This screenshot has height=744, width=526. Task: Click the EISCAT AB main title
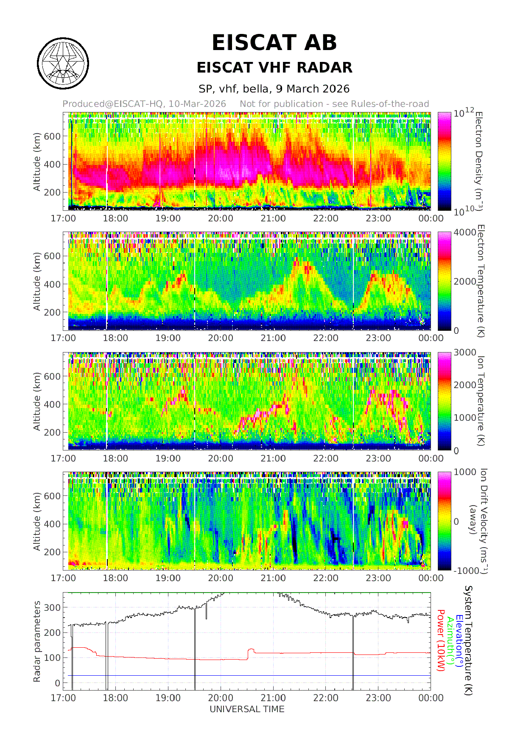pos(274,43)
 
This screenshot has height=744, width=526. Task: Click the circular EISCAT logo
pos(63,64)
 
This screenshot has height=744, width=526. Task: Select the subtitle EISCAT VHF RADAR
pos(274,67)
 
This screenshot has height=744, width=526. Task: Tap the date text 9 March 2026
pos(313,89)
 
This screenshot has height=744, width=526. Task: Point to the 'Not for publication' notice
pos(334,104)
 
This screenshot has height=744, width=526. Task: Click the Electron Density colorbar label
pos(479,161)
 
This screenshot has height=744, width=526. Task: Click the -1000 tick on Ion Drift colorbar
pos(466,571)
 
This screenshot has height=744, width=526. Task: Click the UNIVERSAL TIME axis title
pos(247,709)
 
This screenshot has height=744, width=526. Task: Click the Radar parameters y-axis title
pos(37,641)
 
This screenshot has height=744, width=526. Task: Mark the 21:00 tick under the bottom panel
pos(273,698)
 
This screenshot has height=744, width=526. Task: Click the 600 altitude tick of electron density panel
pos(53,137)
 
